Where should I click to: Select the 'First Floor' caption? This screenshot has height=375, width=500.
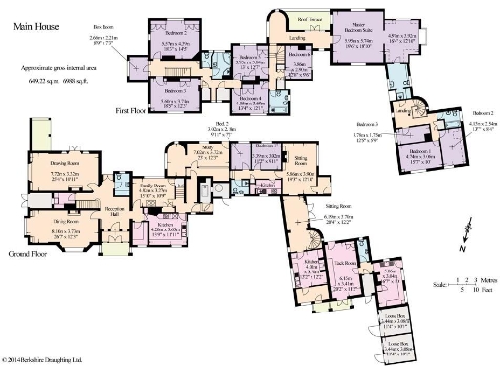tap(131, 111)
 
